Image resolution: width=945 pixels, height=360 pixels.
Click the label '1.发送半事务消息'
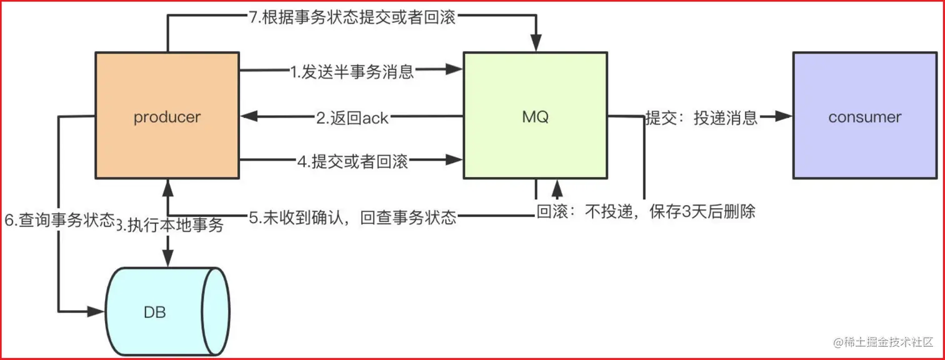[352, 71]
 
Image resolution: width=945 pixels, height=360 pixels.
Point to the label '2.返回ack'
[352, 117]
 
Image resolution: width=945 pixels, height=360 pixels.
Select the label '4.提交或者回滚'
[352, 161]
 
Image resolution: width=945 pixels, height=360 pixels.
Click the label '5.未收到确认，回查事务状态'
[353, 217]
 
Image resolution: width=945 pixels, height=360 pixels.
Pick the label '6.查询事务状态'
[59, 219]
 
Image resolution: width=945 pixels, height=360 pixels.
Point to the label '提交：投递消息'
[701, 117]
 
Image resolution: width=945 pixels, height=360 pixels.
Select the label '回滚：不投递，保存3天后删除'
[646, 212]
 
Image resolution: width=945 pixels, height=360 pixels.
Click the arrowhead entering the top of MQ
[535, 45]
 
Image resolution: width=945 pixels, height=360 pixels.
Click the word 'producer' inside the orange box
[167, 117]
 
